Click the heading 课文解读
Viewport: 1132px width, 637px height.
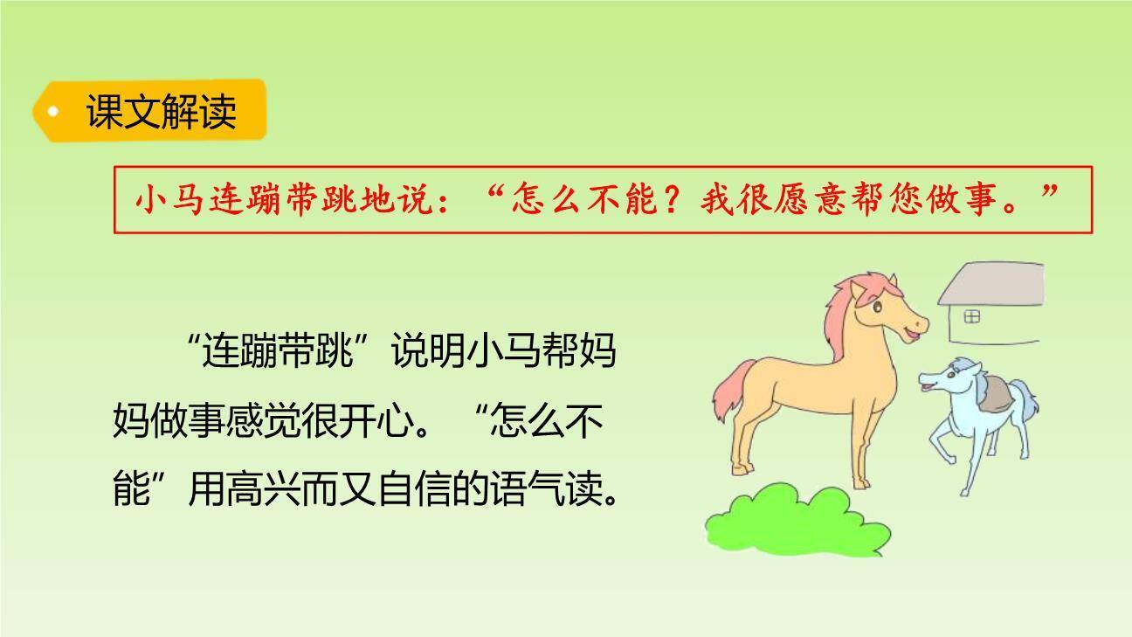click(x=161, y=112)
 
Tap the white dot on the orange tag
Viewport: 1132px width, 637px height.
click(x=54, y=112)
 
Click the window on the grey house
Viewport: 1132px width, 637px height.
click(x=972, y=316)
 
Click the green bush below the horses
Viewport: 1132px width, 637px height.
click(x=795, y=521)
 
